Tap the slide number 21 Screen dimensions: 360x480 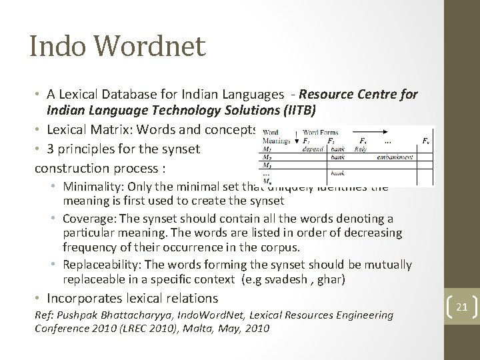[460, 307]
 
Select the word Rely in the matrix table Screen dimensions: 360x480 [361, 149]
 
